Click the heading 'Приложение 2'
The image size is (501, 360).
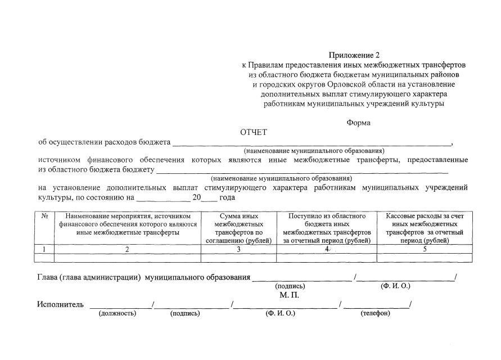coord(354,55)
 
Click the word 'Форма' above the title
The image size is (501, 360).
coord(358,122)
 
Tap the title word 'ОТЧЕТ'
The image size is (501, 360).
coord(254,132)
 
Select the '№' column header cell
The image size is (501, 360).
coord(44,216)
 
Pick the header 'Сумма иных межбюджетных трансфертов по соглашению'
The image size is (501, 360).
coord(239,228)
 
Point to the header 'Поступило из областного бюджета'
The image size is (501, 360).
coord(327,228)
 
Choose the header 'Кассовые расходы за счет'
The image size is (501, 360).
coord(425,228)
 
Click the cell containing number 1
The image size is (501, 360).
coord(44,249)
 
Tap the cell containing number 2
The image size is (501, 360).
coord(128,249)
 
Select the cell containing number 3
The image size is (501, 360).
coord(239,249)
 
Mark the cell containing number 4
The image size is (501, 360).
coord(327,249)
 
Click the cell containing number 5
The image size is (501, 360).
coord(425,249)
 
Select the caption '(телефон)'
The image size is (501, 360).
coord(375,313)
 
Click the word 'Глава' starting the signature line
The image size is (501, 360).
coord(49,277)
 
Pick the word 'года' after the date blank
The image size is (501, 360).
coord(227,198)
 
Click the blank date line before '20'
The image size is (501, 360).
coord(163,199)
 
